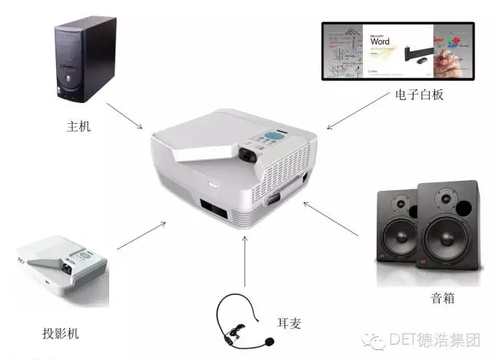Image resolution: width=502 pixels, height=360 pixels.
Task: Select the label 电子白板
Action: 419,95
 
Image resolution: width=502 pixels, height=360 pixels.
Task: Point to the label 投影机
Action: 61,333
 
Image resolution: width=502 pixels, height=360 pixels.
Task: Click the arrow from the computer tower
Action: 125,115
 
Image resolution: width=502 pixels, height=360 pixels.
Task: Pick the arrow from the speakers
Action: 332,218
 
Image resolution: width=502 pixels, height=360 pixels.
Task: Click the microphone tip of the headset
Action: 269,340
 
